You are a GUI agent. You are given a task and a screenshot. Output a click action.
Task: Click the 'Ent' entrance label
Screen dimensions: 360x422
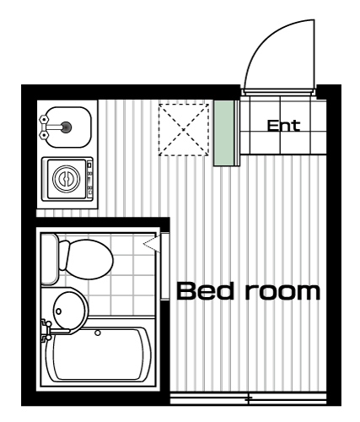pos(283,126)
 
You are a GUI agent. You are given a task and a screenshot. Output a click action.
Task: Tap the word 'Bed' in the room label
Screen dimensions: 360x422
pos(205,291)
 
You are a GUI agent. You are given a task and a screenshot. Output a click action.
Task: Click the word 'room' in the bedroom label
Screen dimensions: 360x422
pos(283,292)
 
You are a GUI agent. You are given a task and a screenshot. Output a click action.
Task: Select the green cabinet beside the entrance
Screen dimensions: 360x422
pos(223,133)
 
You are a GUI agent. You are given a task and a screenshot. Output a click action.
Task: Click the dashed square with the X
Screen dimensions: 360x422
pos(184,130)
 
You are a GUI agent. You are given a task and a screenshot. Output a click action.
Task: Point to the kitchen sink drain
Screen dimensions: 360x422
pos(66,127)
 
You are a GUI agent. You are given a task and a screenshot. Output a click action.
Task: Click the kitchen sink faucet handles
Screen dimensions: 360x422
pos(44,127)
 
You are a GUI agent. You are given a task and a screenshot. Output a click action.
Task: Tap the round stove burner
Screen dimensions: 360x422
pos(67,179)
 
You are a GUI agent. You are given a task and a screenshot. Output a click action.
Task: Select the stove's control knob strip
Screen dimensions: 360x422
pos(89,179)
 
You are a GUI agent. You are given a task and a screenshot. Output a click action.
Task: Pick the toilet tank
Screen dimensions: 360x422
pos(50,259)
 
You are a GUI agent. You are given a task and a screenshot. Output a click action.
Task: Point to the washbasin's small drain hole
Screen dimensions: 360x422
pos(58,311)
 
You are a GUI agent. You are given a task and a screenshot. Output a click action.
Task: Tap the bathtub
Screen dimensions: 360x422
pos(99,354)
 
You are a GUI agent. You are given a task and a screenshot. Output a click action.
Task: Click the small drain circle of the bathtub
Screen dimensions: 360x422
pos(98,333)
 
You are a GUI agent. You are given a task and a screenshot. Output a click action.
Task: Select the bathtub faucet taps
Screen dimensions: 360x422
pos(46,330)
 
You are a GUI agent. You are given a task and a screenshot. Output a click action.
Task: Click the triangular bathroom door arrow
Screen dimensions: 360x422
pos(152,243)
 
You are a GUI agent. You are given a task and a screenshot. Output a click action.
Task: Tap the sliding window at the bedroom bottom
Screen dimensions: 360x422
pos(249,398)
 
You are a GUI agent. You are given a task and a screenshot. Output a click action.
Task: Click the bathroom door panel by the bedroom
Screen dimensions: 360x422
pos(165,267)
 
